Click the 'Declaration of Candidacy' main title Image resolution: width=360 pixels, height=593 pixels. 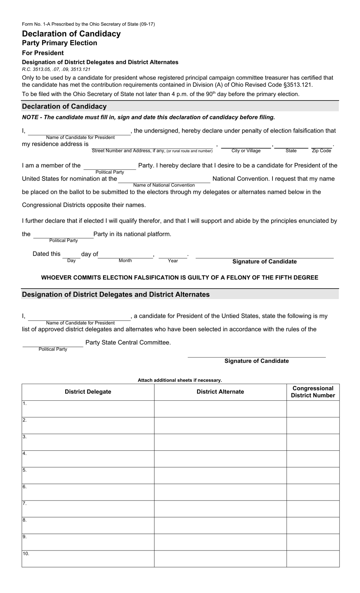click(71, 34)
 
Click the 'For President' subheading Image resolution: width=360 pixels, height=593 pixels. click(43, 53)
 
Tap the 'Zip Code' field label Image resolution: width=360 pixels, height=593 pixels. click(321, 151)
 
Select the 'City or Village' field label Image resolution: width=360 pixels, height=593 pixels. click(246, 151)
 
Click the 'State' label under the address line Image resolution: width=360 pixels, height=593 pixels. click(291, 151)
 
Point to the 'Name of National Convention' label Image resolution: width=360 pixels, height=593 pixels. click(164, 185)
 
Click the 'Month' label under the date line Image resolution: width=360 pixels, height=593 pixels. click(125, 260)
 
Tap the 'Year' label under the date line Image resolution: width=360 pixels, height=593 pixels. click(173, 261)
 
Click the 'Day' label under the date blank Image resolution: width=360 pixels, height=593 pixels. click(71, 261)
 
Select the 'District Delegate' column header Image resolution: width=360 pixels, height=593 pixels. click(88, 392)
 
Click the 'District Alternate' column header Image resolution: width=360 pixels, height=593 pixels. click(220, 392)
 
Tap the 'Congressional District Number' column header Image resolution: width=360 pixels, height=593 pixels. click(313, 392)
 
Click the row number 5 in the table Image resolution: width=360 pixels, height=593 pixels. click(25, 470)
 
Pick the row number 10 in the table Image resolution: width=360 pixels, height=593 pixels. click(26, 554)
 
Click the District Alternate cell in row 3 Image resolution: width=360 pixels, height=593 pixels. click(220, 442)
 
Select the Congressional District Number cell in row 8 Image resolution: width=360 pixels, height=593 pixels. click(313, 525)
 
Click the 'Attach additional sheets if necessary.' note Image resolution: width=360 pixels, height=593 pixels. click(180, 380)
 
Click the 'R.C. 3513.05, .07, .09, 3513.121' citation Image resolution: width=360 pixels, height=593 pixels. click(56, 69)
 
